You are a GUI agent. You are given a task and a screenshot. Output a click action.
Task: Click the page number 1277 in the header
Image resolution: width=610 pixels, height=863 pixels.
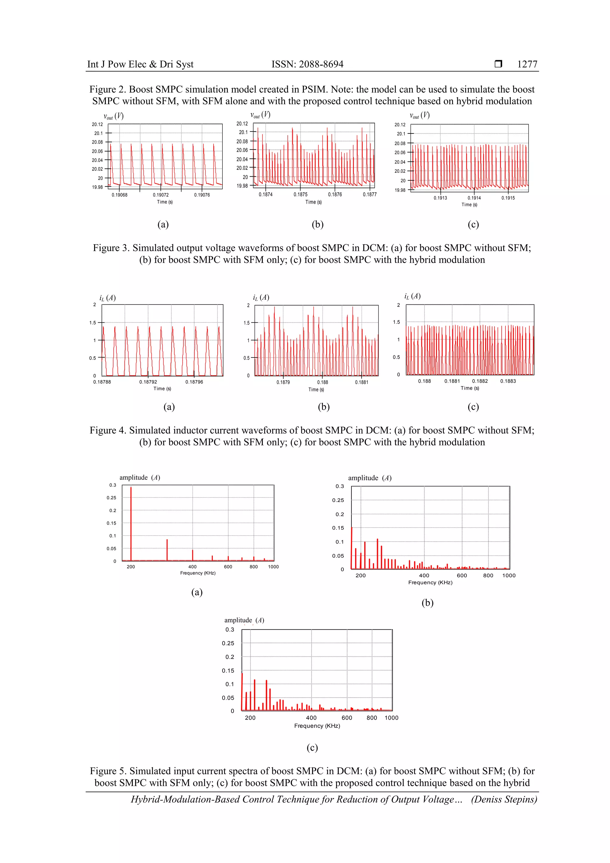(527, 64)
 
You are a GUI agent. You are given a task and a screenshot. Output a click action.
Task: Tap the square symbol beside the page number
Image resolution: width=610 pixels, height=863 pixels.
(498, 64)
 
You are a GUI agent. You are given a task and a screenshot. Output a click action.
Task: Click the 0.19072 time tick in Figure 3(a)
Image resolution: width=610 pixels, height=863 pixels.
(161, 195)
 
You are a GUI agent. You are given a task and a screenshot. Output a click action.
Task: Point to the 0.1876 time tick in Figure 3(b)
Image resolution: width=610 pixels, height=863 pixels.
(335, 194)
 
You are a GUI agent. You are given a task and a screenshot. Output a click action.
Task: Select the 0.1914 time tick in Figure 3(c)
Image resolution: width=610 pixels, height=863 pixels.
(474, 198)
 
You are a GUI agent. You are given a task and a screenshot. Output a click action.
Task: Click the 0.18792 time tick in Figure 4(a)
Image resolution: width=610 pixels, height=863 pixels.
(148, 382)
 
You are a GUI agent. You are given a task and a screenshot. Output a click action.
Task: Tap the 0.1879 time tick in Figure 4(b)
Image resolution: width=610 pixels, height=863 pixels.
(283, 382)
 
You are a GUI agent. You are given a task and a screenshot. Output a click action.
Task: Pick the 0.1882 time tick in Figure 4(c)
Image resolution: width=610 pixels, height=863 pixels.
(480, 381)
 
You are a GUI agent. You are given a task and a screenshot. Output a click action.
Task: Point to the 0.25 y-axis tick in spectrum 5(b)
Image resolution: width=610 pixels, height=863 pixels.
(338, 500)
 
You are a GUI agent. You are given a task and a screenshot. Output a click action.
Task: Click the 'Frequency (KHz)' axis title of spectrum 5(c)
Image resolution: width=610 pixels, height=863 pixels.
(317, 726)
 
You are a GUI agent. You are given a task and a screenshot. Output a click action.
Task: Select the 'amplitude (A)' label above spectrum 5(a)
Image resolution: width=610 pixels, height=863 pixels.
(140, 478)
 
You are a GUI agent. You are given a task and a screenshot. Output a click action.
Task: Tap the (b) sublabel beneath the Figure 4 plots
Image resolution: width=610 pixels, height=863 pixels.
(323, 407)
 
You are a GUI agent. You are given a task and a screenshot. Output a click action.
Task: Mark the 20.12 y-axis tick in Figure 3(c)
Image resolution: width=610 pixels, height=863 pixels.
(400, 125)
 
